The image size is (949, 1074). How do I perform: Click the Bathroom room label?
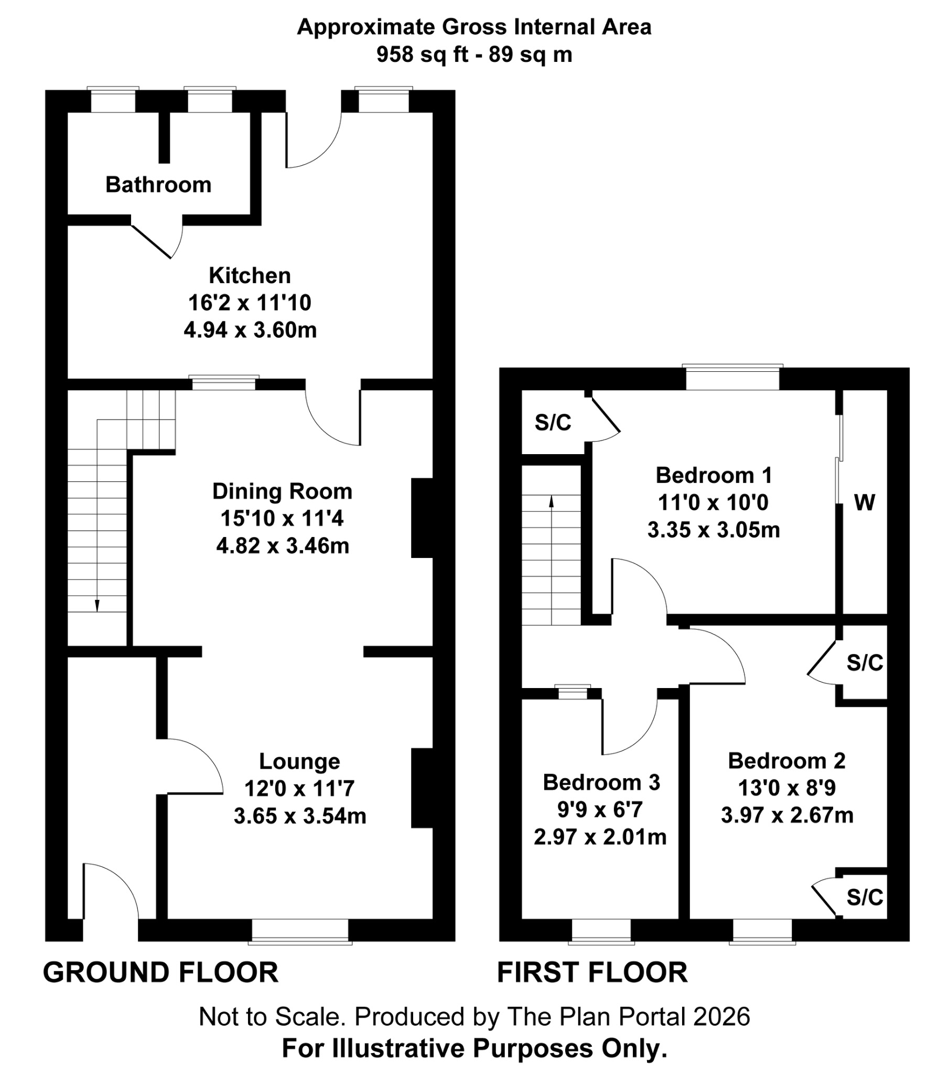[x=158, y=185]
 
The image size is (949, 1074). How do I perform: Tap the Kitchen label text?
[x=250, y=276]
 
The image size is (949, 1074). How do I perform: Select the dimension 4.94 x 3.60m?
[x=250, y=330]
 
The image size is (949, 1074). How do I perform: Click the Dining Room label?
[x=282, y=491]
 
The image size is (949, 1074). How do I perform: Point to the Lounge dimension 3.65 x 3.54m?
[x=299, y=816]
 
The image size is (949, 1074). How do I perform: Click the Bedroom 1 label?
[x=714, y=476]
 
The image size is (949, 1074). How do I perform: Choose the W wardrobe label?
[x=865, y=503]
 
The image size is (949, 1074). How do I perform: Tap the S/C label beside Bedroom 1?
[x=553, y=423]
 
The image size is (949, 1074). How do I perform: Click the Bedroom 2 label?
[x=786, y=761]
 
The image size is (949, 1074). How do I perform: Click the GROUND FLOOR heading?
[x=160, y=973]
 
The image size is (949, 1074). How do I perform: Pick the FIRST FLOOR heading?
[x=592, y=973]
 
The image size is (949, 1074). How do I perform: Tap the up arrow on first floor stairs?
[x=551, y=501]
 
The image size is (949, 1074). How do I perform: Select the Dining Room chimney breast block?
[x=422, y=518]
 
